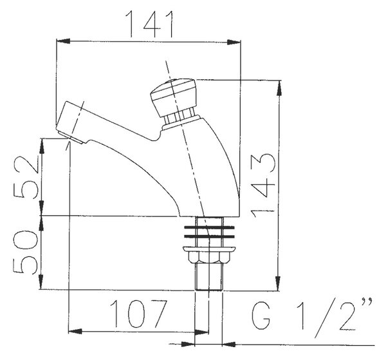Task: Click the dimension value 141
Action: pyautogui.click(x=149, y=24)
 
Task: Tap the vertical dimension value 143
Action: pyautogui.click(x=262, y=186)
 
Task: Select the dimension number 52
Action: pyautogui.click(x=26, y=176)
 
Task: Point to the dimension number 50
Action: pyautogui.click(x=26, y=252)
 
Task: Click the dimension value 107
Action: pyautogui.click(x=138, y=314)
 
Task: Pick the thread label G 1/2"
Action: pyautogui.click(x=312, y=318)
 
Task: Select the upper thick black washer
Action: pyautogui.click(x=209, y=227)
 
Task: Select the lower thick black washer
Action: pyautogui.click(x=209, y=237)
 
